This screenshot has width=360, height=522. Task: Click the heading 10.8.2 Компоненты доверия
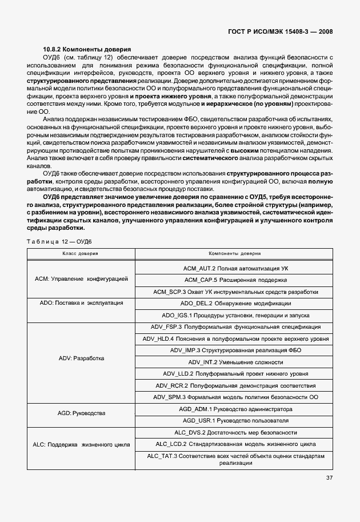pyautogui.click(x=87, y=50)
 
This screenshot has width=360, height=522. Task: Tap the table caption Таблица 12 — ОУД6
pyautogui.click(x=59, y=241)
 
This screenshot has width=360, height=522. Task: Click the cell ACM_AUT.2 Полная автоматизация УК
pyautogui.click(x=235, y=268)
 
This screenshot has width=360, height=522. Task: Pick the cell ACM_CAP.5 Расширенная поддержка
pyautogui.click(x=235, y=280)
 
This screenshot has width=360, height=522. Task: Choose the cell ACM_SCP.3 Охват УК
pyautogui.click(x=235, y=292)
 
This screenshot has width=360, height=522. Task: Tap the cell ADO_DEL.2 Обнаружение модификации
pyautogui.click(x=235, y=303)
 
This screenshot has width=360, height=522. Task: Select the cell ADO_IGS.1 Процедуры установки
pyautogui.click(x=235, y=315)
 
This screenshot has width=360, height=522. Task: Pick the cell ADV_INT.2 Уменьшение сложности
pyautogui.click(x=235, y=362)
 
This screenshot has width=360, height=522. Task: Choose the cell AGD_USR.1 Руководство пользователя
pyautogui.click(x=235, y=420)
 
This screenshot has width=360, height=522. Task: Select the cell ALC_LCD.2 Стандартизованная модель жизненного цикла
pyautogui.click(x=235, y=444)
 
